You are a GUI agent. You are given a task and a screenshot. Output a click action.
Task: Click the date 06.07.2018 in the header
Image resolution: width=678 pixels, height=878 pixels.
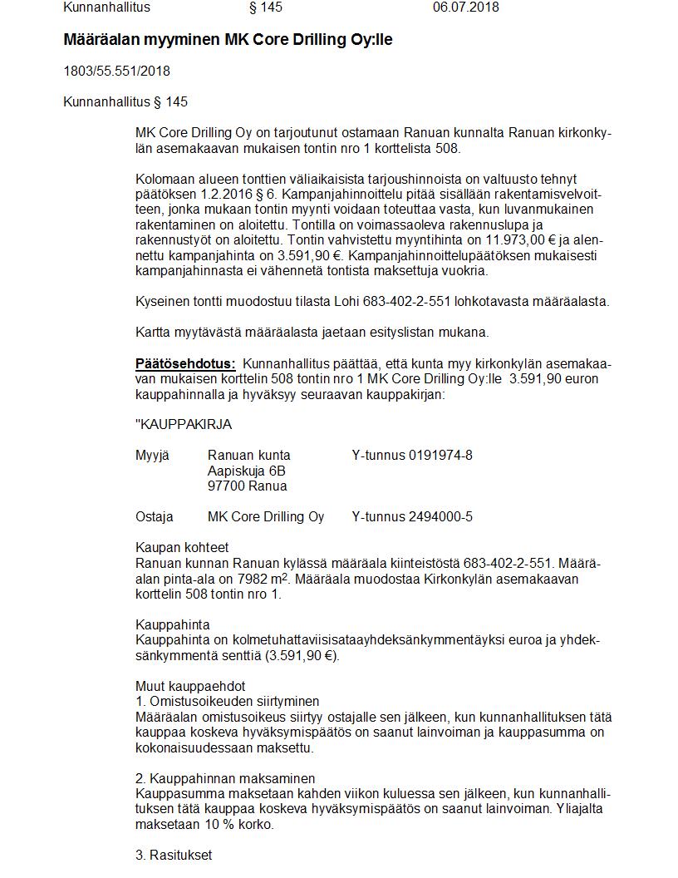(465, 7)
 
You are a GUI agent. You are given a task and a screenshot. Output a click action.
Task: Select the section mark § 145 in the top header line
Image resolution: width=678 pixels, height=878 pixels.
(266, 7)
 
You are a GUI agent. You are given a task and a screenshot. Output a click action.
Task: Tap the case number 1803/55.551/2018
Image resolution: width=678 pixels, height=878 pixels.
(116, 71)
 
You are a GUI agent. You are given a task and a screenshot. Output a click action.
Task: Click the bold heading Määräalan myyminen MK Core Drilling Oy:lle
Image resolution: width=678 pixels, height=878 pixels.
(228, 40)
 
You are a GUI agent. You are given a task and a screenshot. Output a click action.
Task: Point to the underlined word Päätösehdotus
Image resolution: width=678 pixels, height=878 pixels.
(185, 363)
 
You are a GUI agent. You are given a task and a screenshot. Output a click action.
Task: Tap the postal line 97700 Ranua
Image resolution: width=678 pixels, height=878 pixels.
(247, 486)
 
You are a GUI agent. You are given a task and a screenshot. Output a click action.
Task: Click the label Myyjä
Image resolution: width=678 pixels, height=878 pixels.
(152, 455)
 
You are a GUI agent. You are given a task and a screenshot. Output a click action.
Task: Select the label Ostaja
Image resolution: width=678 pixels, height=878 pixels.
(155, 516)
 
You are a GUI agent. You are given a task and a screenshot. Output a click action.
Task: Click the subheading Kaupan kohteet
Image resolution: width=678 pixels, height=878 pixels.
(182, 547)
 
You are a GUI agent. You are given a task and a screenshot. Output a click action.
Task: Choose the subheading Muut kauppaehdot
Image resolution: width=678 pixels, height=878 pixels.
(190, 686)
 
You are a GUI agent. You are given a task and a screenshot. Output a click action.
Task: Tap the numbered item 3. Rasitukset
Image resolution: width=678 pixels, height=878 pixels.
(174, 855)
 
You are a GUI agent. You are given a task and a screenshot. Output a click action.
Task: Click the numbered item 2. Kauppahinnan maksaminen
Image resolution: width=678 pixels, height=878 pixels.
(225, 778)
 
